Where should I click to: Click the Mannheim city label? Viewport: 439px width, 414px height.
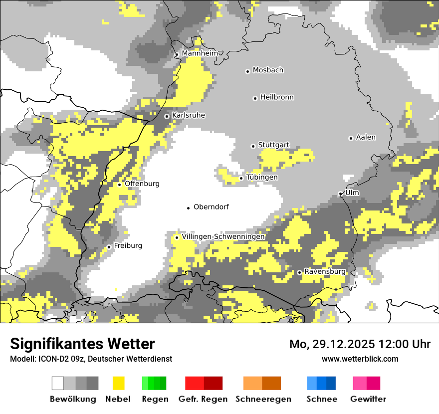[x=200, y=53]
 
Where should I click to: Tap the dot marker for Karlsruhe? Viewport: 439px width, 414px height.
[x=167, y=116]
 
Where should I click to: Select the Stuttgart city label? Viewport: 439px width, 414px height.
[x=273, y=145]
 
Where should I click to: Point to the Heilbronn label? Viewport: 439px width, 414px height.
[x=277, y=97]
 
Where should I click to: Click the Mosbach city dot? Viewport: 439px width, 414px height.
[x=247, y=71]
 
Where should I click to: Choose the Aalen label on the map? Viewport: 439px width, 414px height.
[x=366, y=137]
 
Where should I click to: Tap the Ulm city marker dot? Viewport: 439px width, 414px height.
[x=340, y=194]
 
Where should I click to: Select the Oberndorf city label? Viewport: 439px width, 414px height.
[x=211, y=207]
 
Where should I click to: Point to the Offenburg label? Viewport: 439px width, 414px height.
[x=142, y=184]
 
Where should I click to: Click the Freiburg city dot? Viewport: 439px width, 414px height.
[x=109, y=247]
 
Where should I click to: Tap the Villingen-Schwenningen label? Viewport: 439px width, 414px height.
[x=223, y=236]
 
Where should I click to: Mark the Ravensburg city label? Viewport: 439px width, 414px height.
[x=325, y=272]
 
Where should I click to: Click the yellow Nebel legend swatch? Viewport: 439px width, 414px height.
[x=119, y=383]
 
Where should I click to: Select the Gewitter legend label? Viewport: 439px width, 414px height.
[x=368, y=399]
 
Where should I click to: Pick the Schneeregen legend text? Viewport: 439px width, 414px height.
[x=263, y=399]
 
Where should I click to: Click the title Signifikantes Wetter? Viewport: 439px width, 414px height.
[x=82, y=344]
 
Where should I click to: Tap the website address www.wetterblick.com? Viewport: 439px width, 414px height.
[x=360, y=359]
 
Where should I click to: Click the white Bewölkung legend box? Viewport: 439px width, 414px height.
[x=58, y=383]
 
